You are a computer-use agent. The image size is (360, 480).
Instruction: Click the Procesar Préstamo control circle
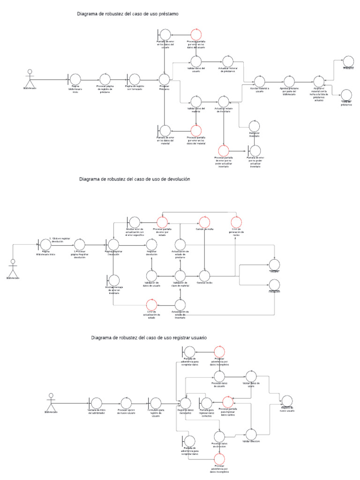(x=165, y=79)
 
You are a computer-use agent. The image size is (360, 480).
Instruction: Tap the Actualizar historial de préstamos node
(x=227, y=61)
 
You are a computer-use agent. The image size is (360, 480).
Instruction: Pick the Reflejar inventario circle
(x=254, y=125)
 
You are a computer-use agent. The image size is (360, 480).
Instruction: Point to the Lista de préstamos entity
(x=347, y=96)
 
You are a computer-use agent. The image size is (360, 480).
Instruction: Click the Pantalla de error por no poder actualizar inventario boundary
(x=255, y=150)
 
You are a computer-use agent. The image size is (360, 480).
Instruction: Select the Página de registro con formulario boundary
(x=134, y=79)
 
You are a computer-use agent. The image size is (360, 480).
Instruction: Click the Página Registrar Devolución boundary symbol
(x=113, y=244)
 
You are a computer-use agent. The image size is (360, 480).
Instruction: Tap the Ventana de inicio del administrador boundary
(x=96, y=403)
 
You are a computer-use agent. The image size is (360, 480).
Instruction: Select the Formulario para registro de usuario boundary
(x=155, y=403)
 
